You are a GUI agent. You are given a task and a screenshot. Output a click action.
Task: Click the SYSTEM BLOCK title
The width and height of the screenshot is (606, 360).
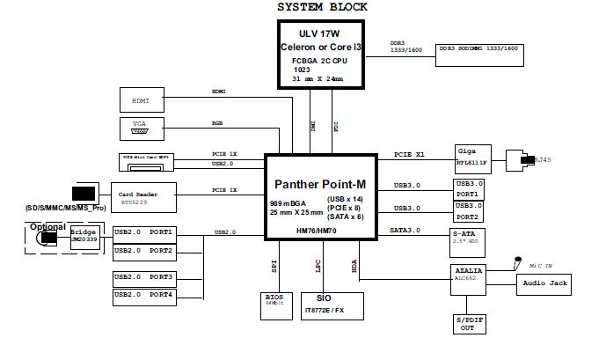322,7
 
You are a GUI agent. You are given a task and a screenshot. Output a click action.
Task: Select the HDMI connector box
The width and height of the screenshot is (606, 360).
141,101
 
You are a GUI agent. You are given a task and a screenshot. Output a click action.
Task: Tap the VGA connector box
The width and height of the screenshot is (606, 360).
141,129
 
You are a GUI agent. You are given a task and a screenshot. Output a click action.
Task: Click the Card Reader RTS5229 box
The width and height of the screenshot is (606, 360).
143,194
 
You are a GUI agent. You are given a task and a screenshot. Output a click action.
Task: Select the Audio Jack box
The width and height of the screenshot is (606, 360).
545,283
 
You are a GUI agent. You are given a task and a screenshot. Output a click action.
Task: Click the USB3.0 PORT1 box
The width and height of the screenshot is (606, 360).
469,189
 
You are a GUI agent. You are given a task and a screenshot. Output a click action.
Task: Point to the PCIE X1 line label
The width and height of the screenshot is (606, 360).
409,155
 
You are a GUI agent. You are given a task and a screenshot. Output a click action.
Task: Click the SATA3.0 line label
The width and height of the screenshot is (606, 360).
405,231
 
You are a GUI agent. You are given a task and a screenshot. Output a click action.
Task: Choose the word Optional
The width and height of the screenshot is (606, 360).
47,226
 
